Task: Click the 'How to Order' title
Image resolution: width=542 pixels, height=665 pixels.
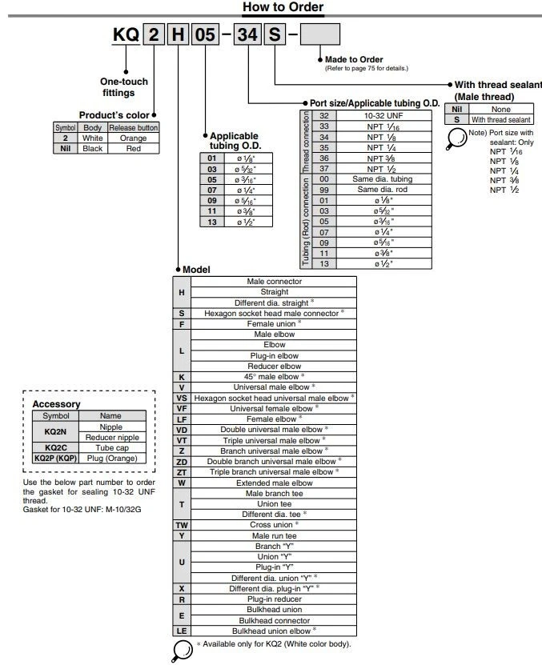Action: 283,8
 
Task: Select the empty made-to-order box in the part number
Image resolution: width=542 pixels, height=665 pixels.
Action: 319,35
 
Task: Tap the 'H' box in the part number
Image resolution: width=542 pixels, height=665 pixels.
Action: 179,35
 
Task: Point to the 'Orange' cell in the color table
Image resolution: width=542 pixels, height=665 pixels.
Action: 134,138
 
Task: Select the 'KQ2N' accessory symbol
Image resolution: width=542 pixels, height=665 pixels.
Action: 54,432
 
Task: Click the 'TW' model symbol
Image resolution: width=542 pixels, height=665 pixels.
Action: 182,525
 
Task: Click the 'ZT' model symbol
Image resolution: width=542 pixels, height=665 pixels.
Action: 182,472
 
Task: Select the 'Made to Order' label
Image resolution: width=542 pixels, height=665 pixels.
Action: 353,59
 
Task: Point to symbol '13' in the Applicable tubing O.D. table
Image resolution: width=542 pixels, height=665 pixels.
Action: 212,222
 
